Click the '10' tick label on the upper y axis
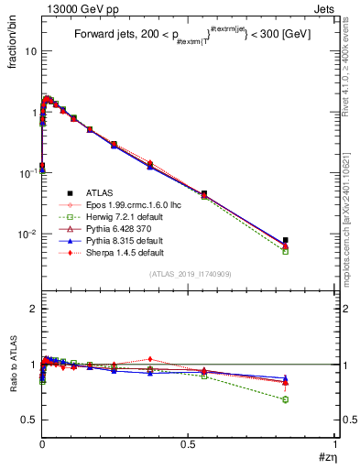(30, 51)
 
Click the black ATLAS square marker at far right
(286, 240)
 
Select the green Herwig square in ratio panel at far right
(286, 399)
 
